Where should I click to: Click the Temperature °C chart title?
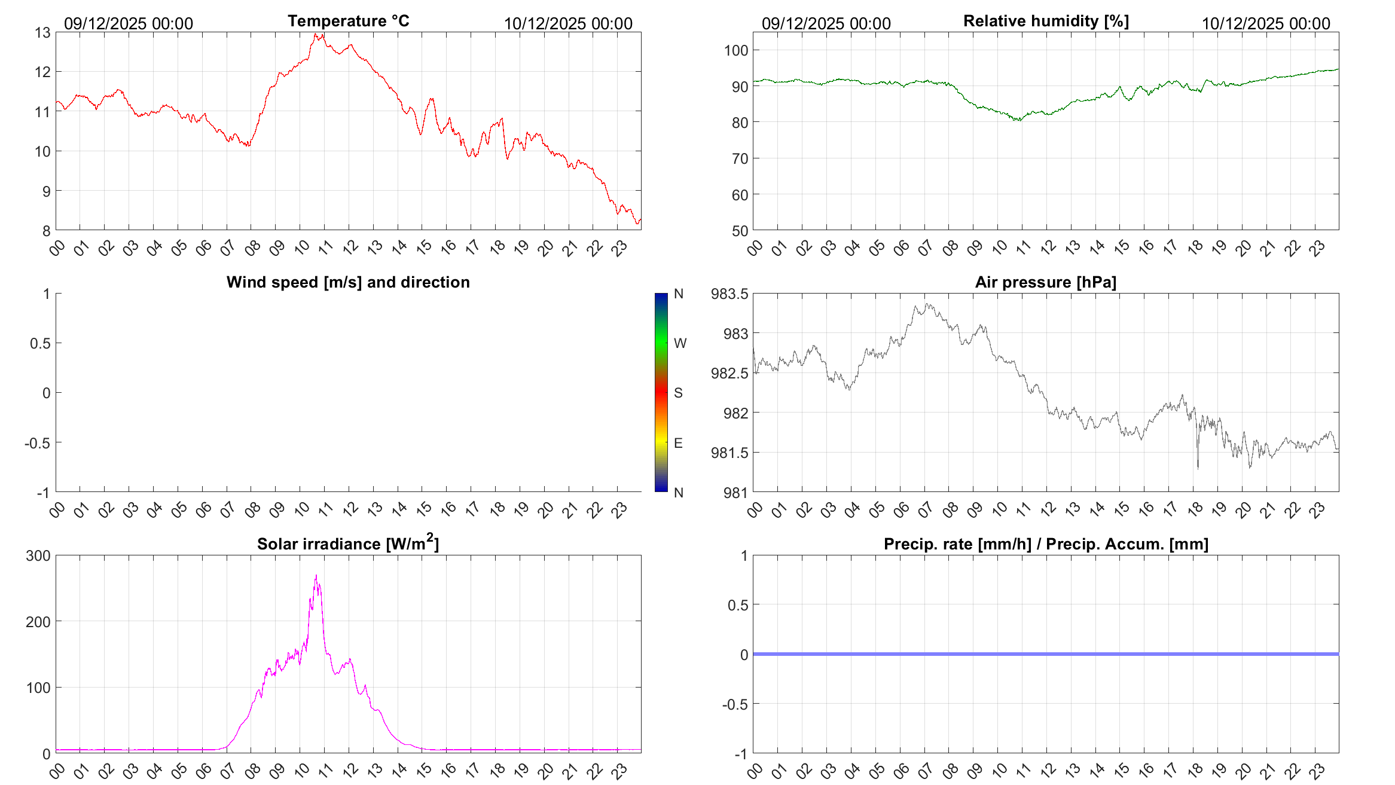[x=348, y=21]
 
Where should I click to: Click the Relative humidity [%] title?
[x=1046, y=21]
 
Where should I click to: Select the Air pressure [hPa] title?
[x=1046, y=282]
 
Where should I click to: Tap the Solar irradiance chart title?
[x=348, y=543]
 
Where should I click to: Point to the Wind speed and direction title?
[x=348, y=282]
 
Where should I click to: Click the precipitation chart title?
[x=1046, y=544]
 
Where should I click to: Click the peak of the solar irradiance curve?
[x=316, y=576]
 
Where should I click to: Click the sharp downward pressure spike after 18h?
[x=1198, y=467]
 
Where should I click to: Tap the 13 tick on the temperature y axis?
[x=43, y=33]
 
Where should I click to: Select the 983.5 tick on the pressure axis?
[x=729, y=294]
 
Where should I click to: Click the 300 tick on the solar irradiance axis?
[x=38, y=556]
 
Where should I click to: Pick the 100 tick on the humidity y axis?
[x=736, y=51]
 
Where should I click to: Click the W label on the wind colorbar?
[x=680, y=343]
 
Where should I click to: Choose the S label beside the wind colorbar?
[x=678, y=393]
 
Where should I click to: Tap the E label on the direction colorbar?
[x=678, y=443]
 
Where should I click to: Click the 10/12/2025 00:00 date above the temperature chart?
[x=568, y=24]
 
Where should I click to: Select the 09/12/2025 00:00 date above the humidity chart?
[x=826, y=24]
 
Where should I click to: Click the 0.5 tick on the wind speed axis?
[x=40, y=343]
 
